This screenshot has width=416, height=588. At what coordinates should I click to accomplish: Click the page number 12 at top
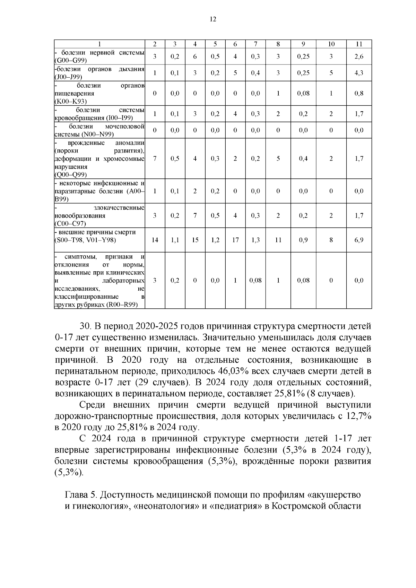point(213,19)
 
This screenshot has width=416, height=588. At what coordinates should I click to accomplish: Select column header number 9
point(303,44)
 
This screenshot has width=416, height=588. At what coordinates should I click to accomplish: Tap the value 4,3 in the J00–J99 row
point(359,73)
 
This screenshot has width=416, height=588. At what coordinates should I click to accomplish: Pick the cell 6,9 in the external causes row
point(359,240)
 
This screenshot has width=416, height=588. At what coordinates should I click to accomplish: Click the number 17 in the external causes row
point(235,240)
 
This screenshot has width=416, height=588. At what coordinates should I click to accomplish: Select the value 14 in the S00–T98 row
point(155,240)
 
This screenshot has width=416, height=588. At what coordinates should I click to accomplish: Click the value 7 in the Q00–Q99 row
point(155,158)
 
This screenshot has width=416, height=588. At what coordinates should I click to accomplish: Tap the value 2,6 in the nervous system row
point(359,57)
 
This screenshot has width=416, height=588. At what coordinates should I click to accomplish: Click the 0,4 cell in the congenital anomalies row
point(303,158)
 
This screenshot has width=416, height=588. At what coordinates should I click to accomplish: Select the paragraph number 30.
point(85,326)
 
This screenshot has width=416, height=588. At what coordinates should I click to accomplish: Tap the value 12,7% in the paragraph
point(358,416)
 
